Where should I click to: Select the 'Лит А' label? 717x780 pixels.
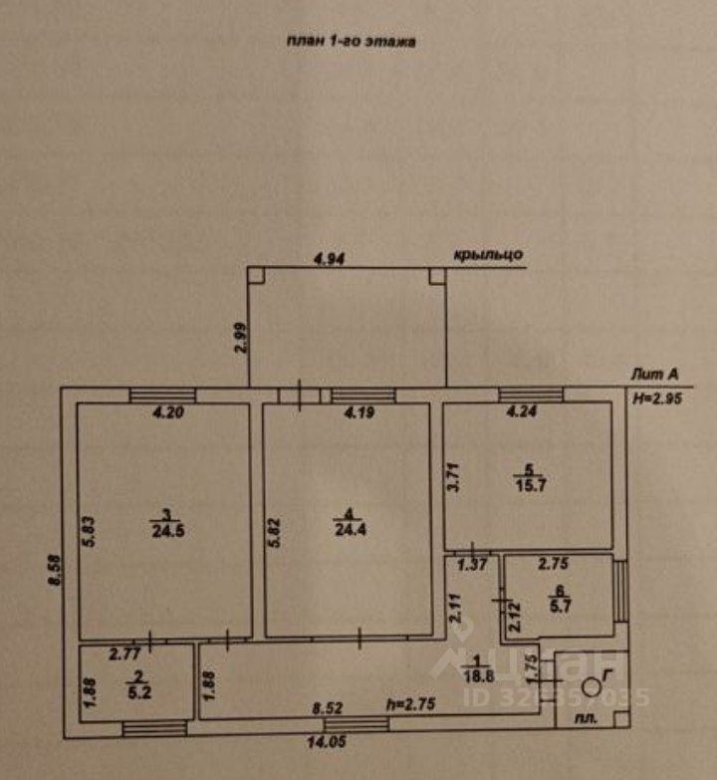click(654, 375)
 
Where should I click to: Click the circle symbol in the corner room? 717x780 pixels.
click(591, 685)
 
